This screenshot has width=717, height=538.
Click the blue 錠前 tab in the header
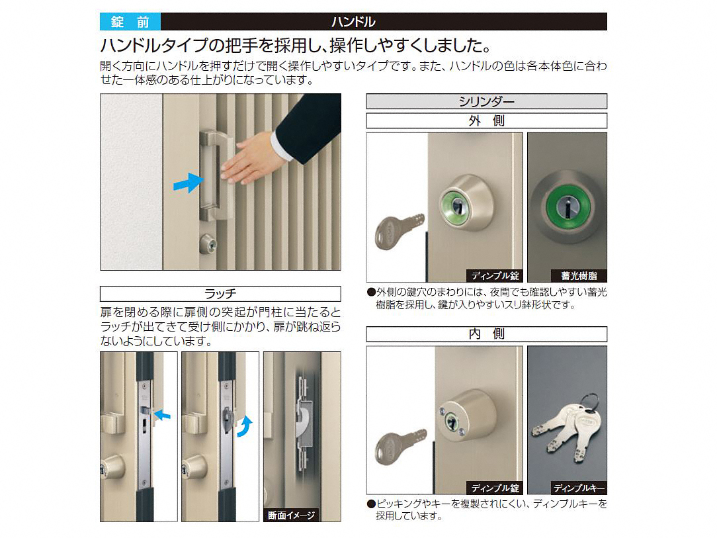coord(130,21)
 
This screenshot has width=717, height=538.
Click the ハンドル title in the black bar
coord(353,21)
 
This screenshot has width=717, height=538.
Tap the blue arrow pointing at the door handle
coord(189,183)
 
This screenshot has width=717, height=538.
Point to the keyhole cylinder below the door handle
coord(208,244)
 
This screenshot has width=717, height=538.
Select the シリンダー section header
coord(487,101)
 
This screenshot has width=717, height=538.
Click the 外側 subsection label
coord(487,121)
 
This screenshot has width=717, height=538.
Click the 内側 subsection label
coord(487,334)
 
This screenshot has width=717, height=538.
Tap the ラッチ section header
coord(220,293)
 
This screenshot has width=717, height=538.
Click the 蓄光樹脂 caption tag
coord(579,275)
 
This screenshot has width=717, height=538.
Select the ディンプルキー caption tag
coord(579,488)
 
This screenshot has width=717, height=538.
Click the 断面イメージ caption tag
coord(291,515)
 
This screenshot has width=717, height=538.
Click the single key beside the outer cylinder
coord(399,231)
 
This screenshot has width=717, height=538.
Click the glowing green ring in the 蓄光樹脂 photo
coord(567,207)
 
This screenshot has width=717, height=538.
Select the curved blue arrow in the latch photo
coord(245,427)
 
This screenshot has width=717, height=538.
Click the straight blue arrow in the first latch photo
coord(162,415)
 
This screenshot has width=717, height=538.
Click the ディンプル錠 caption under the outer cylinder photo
coord(495,275)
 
